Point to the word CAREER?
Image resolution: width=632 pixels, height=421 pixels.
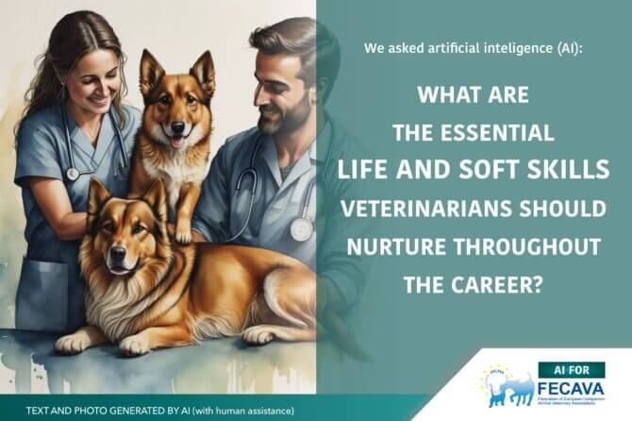(x=496, y=284)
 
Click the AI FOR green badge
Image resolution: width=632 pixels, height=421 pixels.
(x=571, y=370)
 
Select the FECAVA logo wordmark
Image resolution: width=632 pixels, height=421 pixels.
(x=571, y=389)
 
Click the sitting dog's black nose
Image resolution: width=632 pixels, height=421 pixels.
(x=177, y=127)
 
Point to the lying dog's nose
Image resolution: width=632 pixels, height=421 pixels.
(x=118, y=254)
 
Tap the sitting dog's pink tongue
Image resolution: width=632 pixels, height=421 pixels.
(x=176, y=142)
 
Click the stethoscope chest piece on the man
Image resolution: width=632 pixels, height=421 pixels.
(x=302, y=228)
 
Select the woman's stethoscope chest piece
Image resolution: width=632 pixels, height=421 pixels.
(x=73, y=174)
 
